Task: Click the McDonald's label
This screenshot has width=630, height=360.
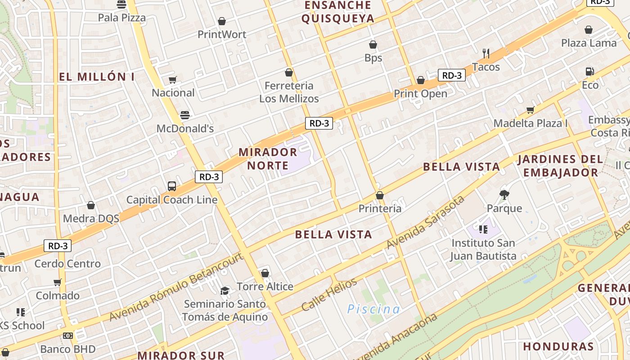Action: click(185, 129)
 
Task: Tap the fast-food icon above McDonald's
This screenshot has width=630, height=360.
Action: click(185, 115)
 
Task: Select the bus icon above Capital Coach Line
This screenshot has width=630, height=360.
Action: click(171, 186)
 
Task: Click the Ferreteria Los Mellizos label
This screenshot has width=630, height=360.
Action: click(289, 92)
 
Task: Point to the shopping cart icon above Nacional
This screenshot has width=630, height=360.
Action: click(173, 80)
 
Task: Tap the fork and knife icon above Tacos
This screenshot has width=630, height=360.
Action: click(486, 54)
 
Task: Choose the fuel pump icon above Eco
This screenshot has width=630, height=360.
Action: click(589, 72)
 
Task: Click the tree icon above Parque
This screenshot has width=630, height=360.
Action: click(504, 195)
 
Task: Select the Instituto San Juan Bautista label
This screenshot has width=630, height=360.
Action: click(483, 250)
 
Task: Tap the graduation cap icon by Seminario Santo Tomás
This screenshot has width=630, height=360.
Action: click(225, 291)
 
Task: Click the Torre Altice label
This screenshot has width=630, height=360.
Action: click(265, 287)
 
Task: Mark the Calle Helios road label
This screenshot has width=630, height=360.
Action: click(329, 295)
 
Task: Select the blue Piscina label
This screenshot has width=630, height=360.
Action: click(373, 309)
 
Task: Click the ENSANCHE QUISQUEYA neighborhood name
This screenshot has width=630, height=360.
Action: click(338, 12)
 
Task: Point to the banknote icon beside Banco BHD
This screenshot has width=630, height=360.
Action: click(68, 336)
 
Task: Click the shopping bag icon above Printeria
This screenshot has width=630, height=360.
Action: click(380, 195)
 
